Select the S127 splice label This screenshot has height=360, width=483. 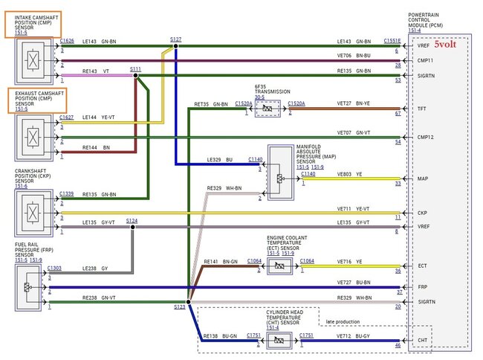coord(175,39)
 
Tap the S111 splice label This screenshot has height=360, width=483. coord(135,68)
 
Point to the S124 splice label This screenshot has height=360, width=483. coord(132,220)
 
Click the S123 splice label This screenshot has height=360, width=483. coord(179,306)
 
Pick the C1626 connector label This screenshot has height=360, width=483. coord(67,41)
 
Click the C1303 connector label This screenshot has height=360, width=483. coord(55,267)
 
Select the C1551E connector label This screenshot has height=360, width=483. coord(392,41)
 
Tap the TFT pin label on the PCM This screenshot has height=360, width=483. coord(423,109)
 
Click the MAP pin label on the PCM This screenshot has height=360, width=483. coord(423,179)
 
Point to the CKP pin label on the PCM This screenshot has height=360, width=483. coord(423,212)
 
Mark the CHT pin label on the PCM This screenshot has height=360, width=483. coord(423,341)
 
